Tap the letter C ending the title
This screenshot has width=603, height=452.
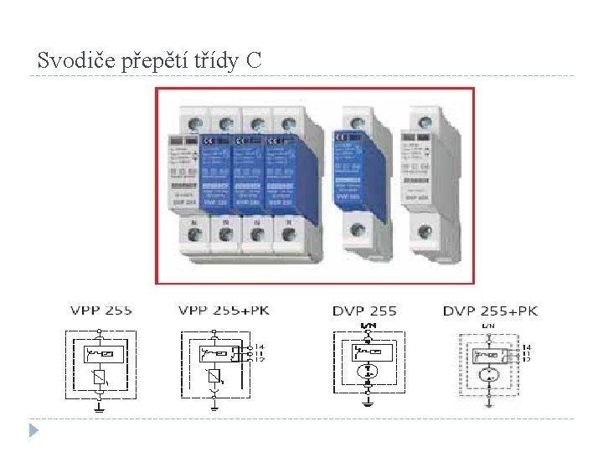pos(254,60)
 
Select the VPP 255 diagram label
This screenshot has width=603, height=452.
pos(100,311)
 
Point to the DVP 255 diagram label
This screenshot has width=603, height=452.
pos(364,311)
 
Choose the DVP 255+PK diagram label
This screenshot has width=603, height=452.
pos(490,311)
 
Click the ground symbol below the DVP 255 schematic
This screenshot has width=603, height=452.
pos(367,403)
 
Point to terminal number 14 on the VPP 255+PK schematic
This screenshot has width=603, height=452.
pos(259,346)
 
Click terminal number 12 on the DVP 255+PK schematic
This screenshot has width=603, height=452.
pos(526,359)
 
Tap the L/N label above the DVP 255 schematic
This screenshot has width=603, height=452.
pos(367,325)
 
